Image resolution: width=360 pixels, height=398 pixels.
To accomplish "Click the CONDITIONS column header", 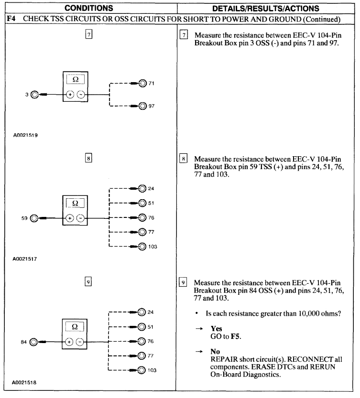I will tap(89, 8).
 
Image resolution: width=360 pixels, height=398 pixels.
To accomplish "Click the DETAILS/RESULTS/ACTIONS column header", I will tap(267, 8).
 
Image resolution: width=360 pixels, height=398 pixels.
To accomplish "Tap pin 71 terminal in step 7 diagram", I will tap(142, 83).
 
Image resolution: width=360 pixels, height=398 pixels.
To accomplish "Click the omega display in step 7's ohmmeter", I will tap(75, 79).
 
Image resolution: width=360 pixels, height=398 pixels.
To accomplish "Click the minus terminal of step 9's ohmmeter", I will tap(81, 342).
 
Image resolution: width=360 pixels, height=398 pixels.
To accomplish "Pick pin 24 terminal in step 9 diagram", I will tap(142, 313).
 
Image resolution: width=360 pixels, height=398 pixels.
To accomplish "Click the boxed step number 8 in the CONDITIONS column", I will tap(89, 157).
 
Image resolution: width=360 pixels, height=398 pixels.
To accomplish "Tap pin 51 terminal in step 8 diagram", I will tap(142, 203).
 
